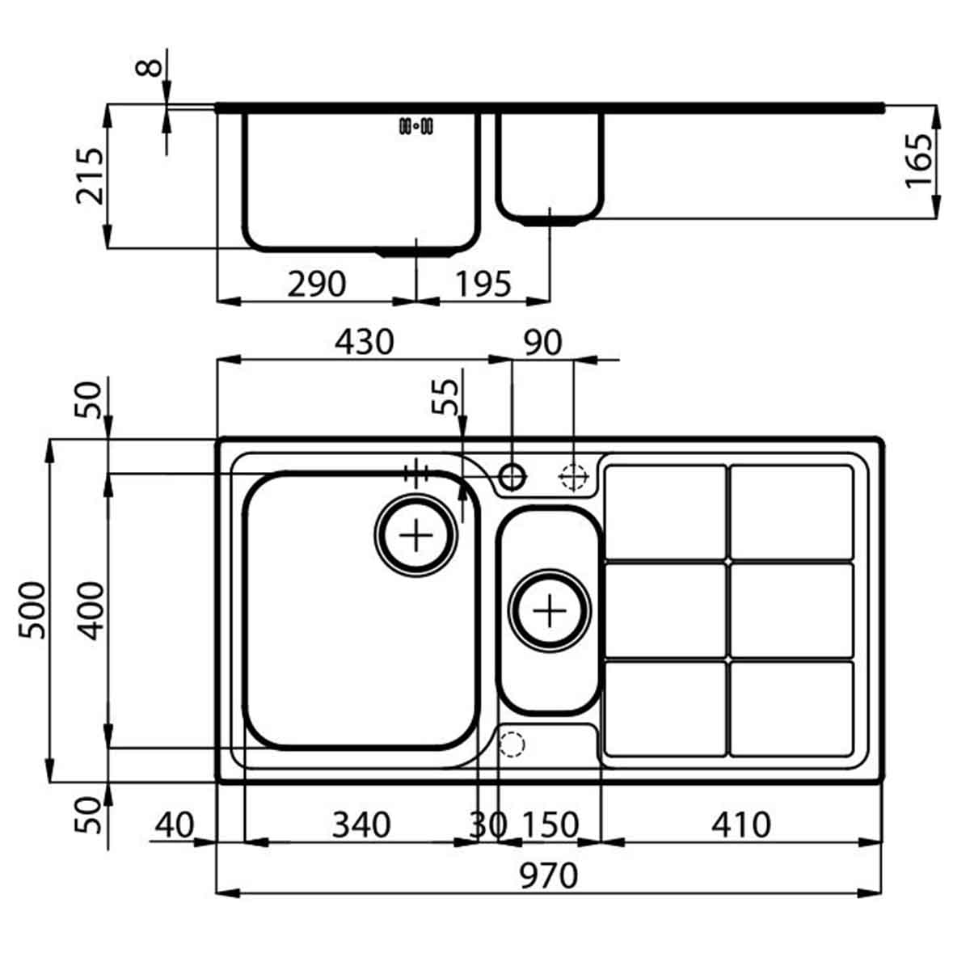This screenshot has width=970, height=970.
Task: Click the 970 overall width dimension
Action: (x=549, y=875)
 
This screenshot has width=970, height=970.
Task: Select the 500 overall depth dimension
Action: (x=34, y=610)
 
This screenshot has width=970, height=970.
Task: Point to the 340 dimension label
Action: (x=361, y=824)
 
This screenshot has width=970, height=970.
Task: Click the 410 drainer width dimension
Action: (x=740, y=824)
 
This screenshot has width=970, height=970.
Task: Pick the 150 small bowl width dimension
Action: (x=550, y=824)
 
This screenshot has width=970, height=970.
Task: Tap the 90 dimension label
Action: (x=542, y=343)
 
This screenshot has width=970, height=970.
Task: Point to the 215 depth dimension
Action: (x=91, y=175)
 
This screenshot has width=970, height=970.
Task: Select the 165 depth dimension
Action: (x=918, y=160)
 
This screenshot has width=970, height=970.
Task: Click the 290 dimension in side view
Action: (x=317, y=284)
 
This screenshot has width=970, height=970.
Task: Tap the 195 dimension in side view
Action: (x=483, y=284)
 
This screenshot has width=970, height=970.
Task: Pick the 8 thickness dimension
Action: (x=150, y=63)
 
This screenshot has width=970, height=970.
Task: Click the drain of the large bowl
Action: (x=415, y=535)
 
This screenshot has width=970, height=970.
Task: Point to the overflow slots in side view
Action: (x=416, y=126)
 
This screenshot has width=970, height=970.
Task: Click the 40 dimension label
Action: (x=174, y=824)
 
